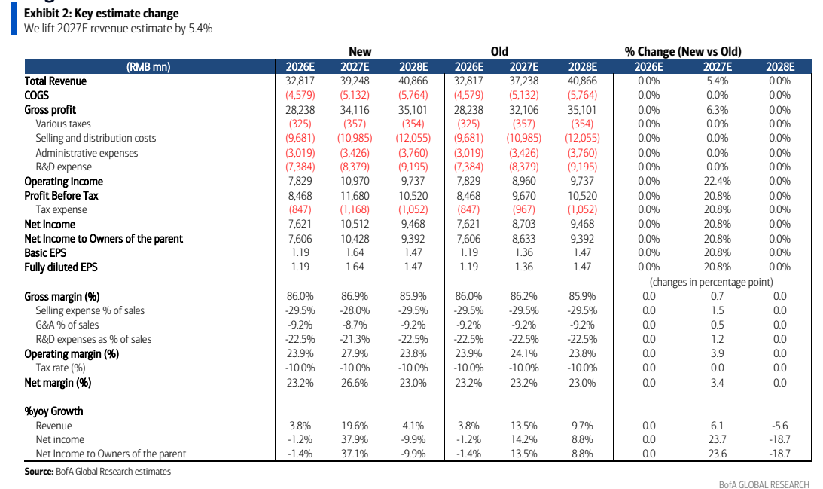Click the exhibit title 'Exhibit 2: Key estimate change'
click(102, 13)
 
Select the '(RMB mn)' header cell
click(148, 67)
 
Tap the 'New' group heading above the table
click(360, 51)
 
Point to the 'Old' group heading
click(499, 51)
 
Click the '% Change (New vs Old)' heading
click(683, 51)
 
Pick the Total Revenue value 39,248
click(355, 81)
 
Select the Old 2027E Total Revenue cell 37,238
click(524, 81)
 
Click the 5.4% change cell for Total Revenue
click(718, 81)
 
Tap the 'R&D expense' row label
click(63, 167)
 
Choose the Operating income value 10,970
click(355, 181)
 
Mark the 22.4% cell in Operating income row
click(718, 181)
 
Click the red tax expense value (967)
click(524, 209)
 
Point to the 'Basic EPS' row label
click(45, 252)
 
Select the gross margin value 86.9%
click(355, 296)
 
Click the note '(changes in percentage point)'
click(712, 282)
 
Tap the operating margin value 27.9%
click(355, 353)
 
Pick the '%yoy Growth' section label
click(53, 411)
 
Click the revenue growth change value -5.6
click(780, 426)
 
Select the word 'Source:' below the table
click(39, 472)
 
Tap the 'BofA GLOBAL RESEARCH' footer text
click(764, 484)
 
